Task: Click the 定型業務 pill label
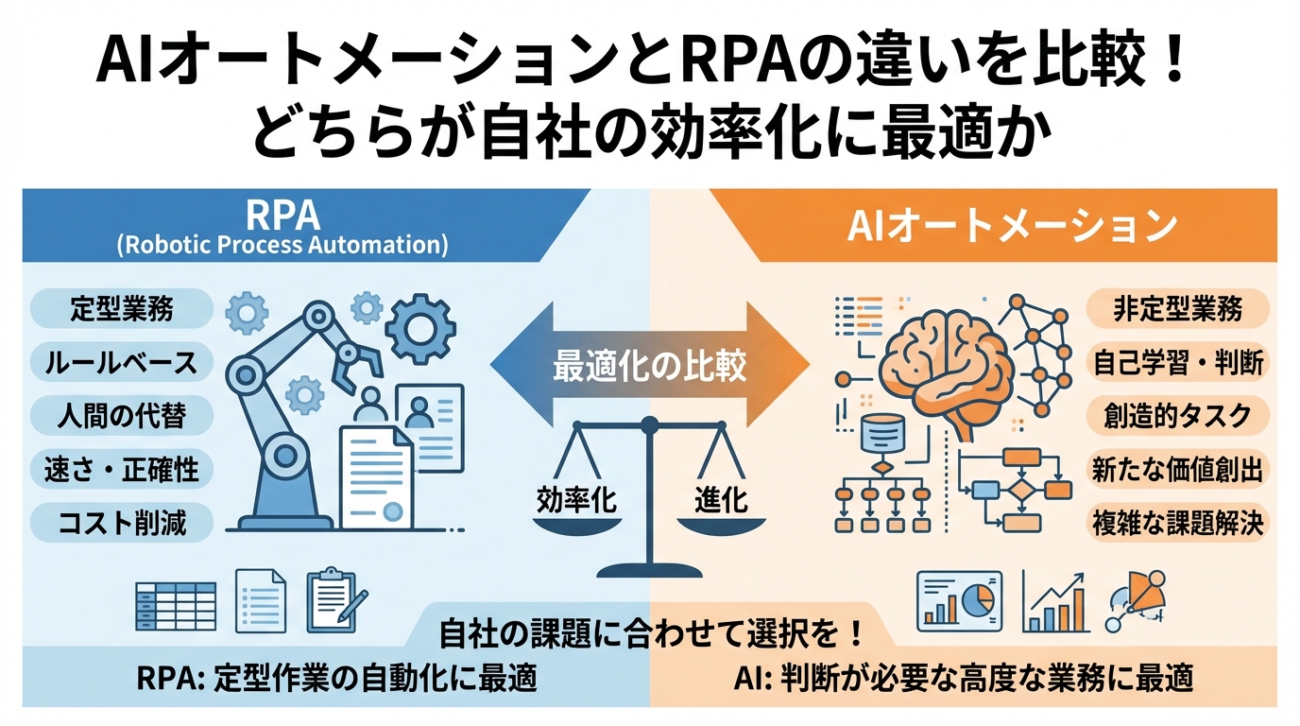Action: (122, 309)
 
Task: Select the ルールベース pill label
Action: (122, 362)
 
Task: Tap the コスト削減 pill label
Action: (122, 522)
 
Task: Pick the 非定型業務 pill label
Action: (1177, 309)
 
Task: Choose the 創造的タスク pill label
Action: (1177, 415)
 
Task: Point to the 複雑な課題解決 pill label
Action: (1177, 522)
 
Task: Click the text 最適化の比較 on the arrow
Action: (650, 365)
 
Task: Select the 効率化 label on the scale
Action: (576, 499)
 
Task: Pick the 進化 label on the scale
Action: (721, 499)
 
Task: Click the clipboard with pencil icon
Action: (331, 599)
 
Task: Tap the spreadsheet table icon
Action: (176, 606)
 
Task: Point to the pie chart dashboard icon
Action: (960, 601)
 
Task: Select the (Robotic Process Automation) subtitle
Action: (282, 246)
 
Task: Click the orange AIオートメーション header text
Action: (1012, 226)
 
